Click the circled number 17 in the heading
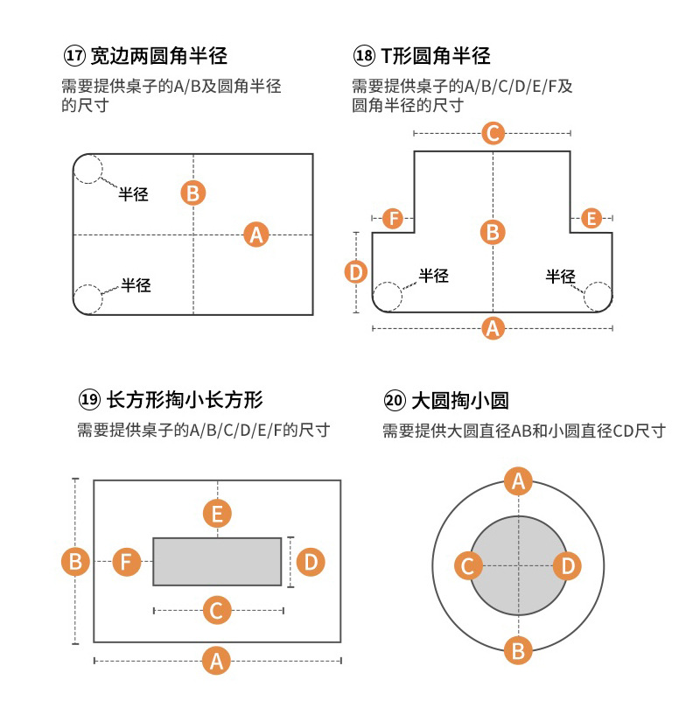tap(75, 57)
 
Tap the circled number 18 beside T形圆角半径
tap(364, 57)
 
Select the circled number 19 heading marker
tap(89, 401)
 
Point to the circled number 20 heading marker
tap(395, 401)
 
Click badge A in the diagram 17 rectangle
tap(255, 235)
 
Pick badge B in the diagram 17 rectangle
tap(193, 193)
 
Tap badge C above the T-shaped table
tap(493, 133)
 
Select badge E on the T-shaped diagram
tap(591, 218)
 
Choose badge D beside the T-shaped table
tap(355, 272)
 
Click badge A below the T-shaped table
tap(493, 328)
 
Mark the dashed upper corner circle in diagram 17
tap(88, 168)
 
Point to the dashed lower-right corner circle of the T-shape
tap(598, 297)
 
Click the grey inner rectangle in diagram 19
tap(217, 561)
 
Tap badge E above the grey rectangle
tap(217, 513)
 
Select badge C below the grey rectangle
tap(217, 610)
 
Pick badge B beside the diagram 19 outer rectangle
tap(75, 561)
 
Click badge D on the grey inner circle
tap(568, 566)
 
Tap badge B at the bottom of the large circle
tap(518, 650)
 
